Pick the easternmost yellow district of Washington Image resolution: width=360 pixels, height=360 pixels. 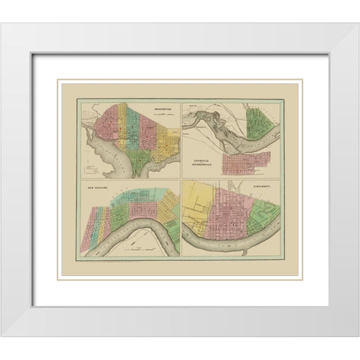(x=168, y=139)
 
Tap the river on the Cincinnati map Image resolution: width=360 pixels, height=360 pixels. (x=225, y=241)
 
